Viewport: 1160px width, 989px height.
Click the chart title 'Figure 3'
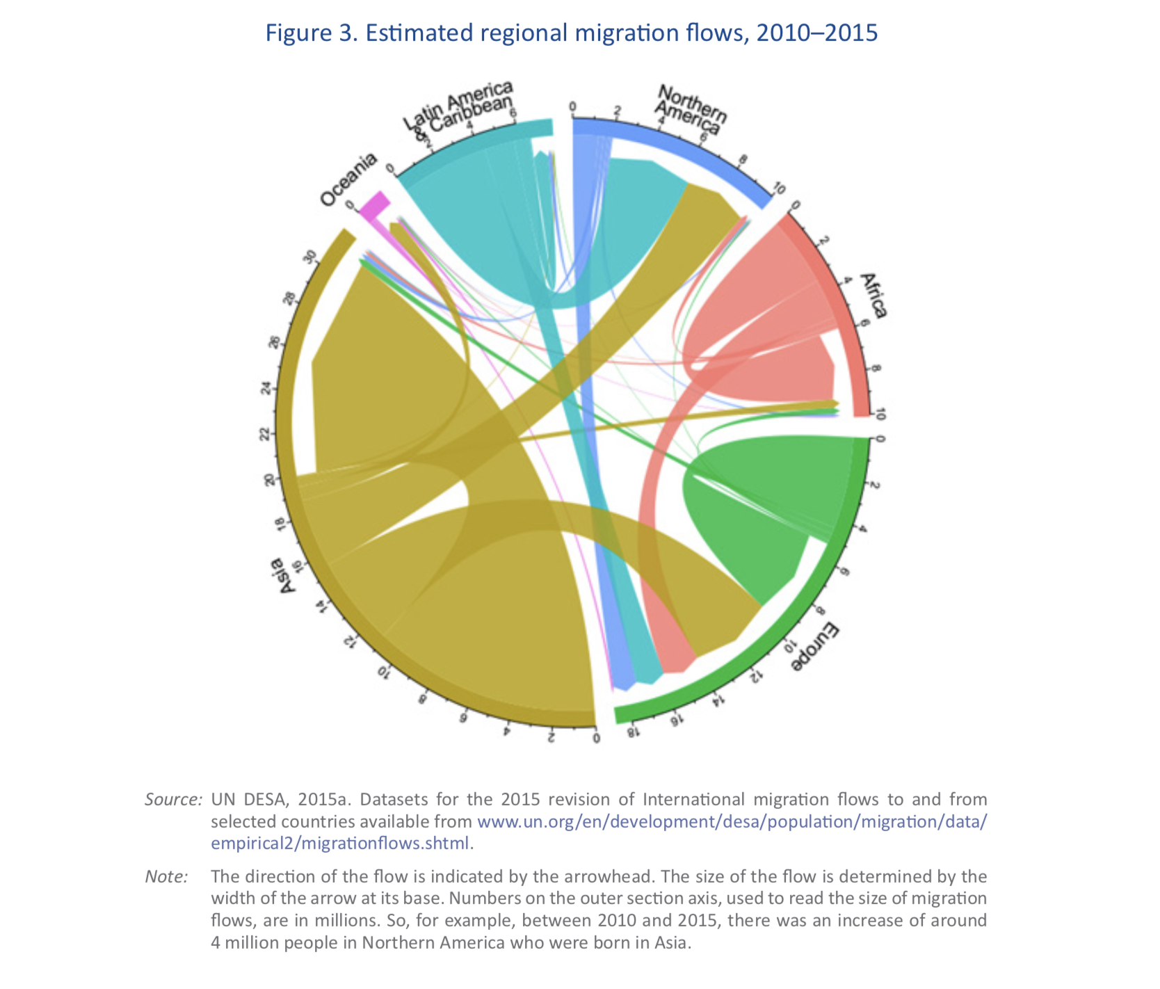click(571, 33)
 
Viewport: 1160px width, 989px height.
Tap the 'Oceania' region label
click(348, 179)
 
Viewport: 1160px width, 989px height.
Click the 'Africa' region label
click(873, 296)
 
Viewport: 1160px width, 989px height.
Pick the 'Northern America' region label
click(690, 110)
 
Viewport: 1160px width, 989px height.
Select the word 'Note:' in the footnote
click(166, 876)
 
